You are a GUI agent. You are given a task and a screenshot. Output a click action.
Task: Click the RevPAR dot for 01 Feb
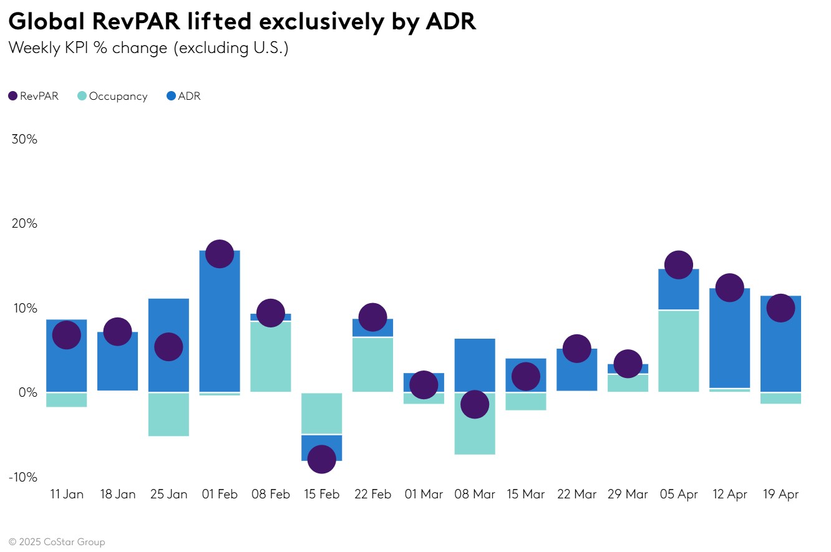[x=219, y=254]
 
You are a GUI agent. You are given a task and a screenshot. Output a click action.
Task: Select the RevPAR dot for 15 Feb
[x=321, y=460]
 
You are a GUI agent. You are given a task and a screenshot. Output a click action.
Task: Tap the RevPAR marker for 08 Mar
[x=474, y=405]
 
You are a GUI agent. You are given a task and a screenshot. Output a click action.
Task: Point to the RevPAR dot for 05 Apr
[x=678, y=265]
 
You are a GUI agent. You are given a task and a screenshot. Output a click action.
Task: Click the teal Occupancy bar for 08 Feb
[x=270, y=356]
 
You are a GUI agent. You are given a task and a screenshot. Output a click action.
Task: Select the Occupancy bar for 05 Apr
[x=678, y=351]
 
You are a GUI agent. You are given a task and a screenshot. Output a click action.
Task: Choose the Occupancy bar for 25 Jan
[x=168, y=414]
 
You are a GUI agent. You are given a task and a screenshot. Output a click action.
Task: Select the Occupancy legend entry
[x=112, y=96]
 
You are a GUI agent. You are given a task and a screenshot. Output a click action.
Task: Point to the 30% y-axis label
[x=24, y=139]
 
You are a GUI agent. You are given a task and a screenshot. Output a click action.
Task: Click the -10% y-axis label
[x=23, y=477]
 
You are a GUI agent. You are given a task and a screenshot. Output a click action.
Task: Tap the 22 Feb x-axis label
[x=372, y=495]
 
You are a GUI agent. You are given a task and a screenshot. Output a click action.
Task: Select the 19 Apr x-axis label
[x=780, y=495]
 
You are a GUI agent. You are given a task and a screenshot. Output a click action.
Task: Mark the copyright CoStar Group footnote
[x=57, y=542]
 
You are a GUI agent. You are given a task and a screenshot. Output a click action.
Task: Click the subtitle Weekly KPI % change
[x=87, y=47]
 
